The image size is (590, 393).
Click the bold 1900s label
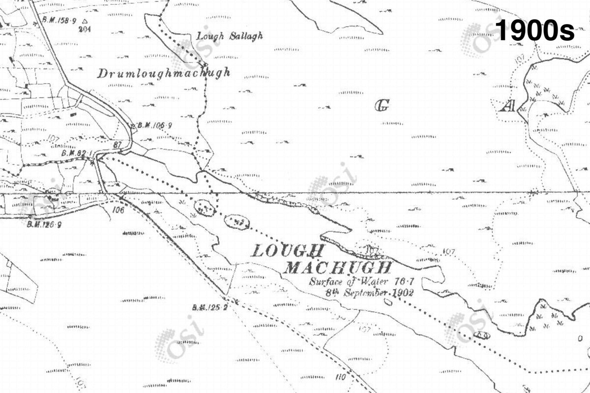click(x=535, y=31)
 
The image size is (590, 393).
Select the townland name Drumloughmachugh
click(x=164, y=74)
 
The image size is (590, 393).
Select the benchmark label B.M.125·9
click(x=44, y=225)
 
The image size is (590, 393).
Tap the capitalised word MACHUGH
click(x=339, y=268)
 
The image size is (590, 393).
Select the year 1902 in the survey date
click(x=401, y=292)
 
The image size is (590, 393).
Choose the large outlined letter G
click(x=382, y=105)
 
